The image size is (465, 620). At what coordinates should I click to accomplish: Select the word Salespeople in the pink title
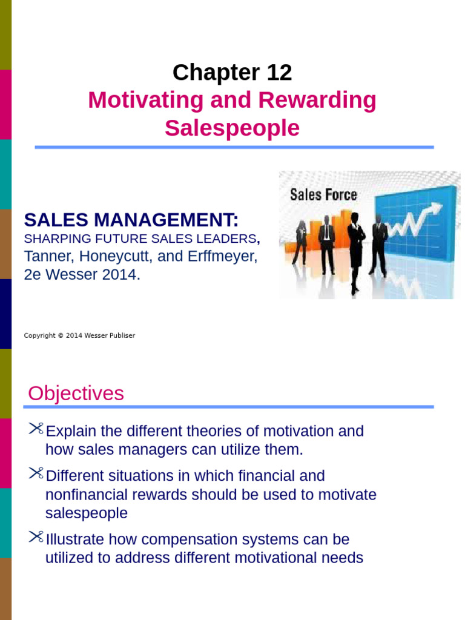click(x=232, y=128)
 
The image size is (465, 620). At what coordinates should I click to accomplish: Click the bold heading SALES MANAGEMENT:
click(x=131, y=219)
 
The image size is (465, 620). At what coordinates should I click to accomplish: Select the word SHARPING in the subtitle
click(x=50, y=238)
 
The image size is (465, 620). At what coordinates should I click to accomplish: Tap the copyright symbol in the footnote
click(x=60, y=335)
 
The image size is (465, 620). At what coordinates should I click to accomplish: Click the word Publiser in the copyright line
click(x=120, y=335)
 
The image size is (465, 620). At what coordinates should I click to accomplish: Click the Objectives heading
click(x=76, y=394)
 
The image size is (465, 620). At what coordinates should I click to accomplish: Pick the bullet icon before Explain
click(x=36, y=429)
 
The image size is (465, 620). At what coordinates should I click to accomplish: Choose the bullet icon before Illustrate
click(x=36, y=537)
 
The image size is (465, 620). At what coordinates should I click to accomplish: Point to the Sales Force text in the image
click(x=323, y=195)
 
